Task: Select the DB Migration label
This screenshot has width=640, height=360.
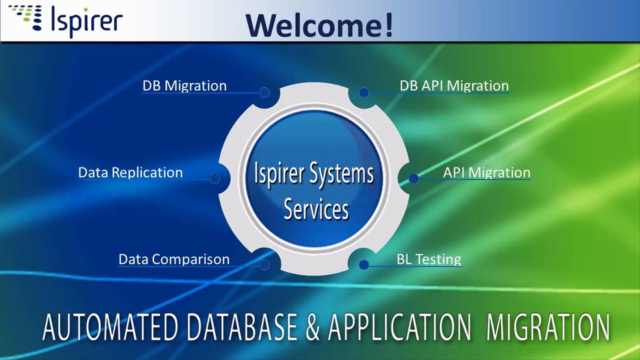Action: tap(184, 86)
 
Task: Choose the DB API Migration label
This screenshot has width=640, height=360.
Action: tap(454, 86)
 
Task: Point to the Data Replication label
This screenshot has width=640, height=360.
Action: tap(130, 172)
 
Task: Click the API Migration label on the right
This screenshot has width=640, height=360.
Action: tap(486, 172)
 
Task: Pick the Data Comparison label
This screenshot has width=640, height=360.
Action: tap(174, 259)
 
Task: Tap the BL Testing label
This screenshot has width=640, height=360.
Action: tap(428, 259)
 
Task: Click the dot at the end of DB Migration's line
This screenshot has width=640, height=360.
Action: tap(264, 92)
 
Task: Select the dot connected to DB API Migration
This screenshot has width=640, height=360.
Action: tap(364, 92)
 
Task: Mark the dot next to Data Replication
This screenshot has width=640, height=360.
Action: tap(215, 178)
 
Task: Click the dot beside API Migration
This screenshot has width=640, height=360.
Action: tap(413, 178)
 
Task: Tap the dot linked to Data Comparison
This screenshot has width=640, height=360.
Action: tap(264, 265)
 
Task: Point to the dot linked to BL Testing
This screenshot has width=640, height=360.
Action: tap(364, 265)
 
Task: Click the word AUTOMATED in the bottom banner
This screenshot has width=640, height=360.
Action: tap(110, 327)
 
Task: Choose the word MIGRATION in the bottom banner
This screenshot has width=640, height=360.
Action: tap(548, 327)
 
